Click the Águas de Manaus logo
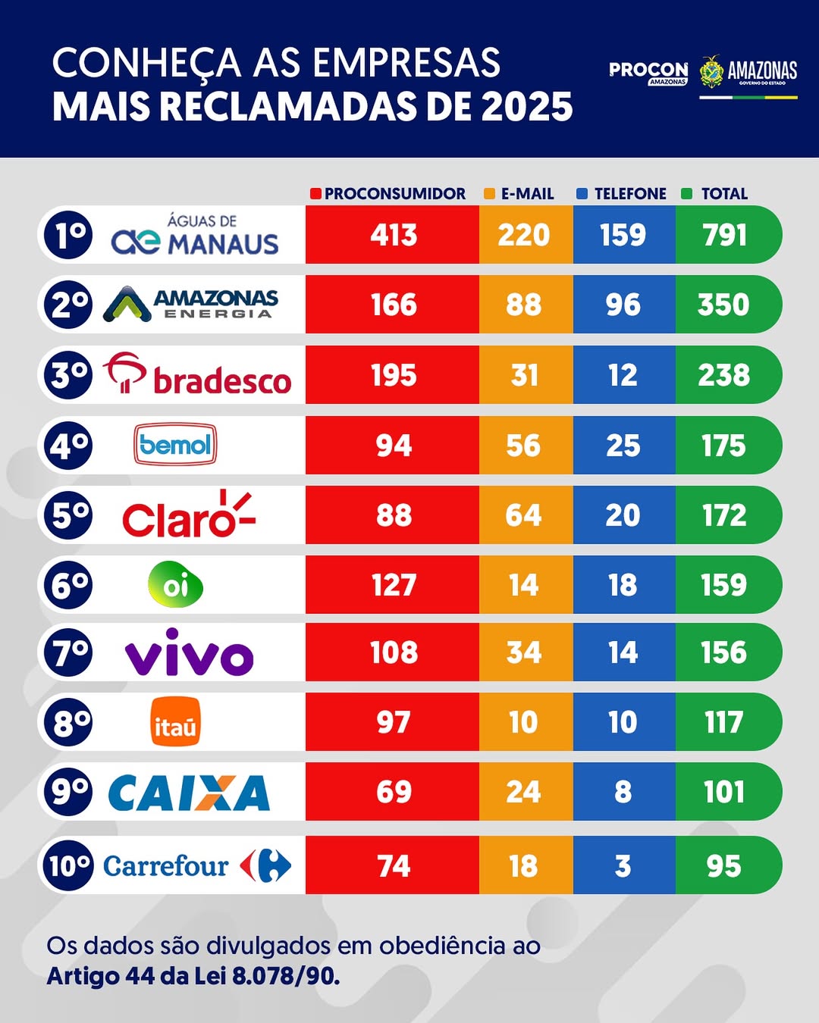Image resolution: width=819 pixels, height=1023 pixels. click(x=195, y=235)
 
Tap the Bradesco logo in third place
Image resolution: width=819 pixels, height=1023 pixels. click(x=197, y=374)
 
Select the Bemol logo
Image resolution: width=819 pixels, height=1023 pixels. click(x=175, y=445)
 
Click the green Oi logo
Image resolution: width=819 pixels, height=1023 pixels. click(x=175, y=585)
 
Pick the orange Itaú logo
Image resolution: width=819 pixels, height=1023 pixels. click(x=175, y=722)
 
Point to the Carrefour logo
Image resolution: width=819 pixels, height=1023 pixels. click(x=196, y=865)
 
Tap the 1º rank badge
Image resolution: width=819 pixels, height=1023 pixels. click(x=68, y=235)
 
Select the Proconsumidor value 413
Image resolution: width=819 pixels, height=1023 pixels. click(x=394, y=235)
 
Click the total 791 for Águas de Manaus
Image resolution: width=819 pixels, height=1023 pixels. click(x=724, y=235)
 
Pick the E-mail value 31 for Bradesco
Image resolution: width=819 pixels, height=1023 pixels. click(x=524, y=375)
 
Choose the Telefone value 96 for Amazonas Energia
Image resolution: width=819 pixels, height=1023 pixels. click(x=623, y=305)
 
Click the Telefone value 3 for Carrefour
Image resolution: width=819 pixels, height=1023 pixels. click(x=623, y=866)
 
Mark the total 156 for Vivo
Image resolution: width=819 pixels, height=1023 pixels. click(x=723, y=653)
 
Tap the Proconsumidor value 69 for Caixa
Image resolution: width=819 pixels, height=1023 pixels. click(x=394, y=792)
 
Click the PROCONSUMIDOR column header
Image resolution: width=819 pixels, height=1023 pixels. click(x=394, y=194)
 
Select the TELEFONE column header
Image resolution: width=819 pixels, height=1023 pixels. click(x=629, y=194)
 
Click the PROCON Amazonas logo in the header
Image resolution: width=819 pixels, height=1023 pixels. click(x=648, y=73)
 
